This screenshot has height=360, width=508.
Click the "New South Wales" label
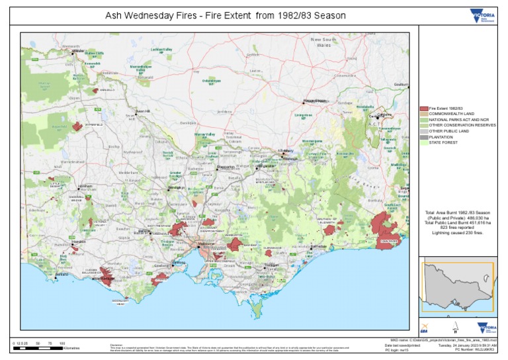pos(325,44)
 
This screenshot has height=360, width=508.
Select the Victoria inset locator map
pos(457,287)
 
